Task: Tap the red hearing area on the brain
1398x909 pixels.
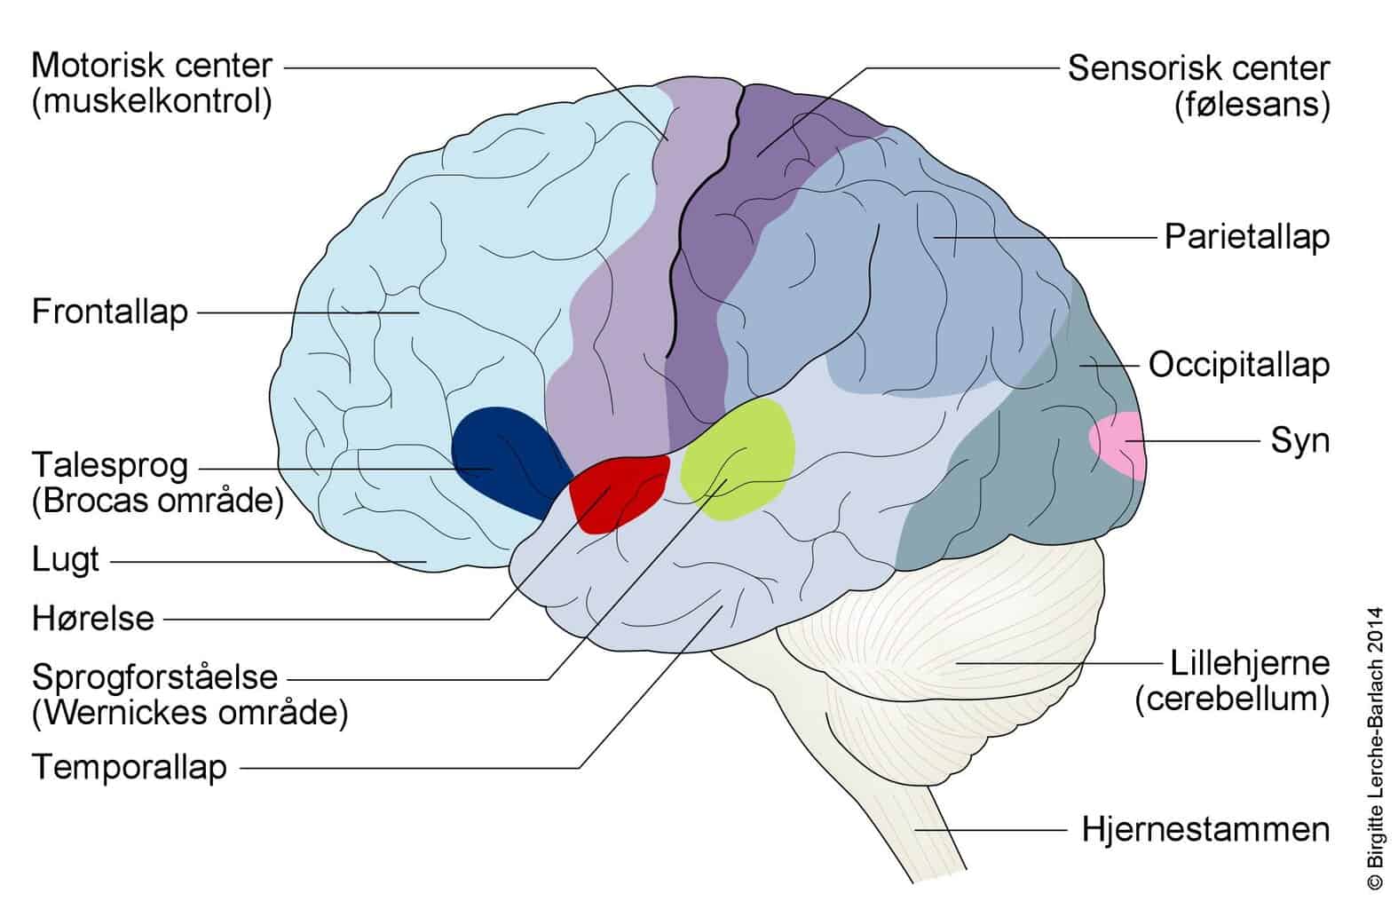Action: pyautogui.click(x=618, y=494)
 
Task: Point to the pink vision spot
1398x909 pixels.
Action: pyautogui.click(x=1118, y=446)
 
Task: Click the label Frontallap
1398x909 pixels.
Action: pyautogui.click(x=110, y=312)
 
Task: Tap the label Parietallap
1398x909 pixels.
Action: pyautogui.click(x=1247, y=237)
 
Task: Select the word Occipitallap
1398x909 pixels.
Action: pyautogui.click(x=1239, y=365)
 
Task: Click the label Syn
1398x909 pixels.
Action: pyautogui.click(x=1300, y=441)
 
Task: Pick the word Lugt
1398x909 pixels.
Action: pyautogui.click(x=65, y=560)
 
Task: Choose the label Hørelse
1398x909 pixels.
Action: pyautogui.click(x=93, y=619)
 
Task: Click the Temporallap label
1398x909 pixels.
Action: pyautogui.click(x=130, y=767)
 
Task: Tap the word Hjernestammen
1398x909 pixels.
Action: pyautogui.click(x=1205, y=830)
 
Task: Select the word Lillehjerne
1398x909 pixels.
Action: pyautogui.click(x=1250, y=663)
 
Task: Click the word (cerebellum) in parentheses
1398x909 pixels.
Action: pyautogui.click(x=1233, y=700)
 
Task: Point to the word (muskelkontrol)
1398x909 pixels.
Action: pyautogui.click(x=152, y=101)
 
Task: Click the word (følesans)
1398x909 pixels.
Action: pyautogui.click(x=1252, y=104)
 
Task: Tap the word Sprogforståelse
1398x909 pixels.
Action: pyautogui.click(x=154, y=677)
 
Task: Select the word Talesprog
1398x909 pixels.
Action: pyautogui.click(x=110, y=466)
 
